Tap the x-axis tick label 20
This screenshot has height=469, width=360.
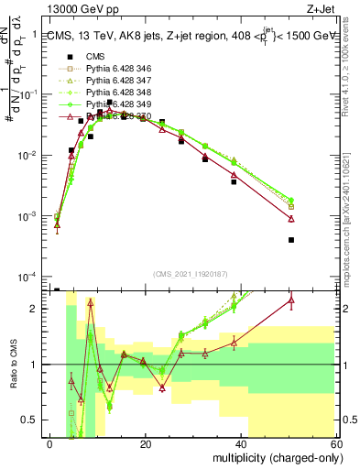pos(147,445)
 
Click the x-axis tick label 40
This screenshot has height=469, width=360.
pos(243,445)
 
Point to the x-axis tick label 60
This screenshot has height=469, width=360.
pos(338,445)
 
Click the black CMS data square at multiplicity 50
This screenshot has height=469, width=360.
pos(290,240)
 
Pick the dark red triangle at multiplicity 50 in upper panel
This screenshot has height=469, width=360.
pos(290,219)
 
